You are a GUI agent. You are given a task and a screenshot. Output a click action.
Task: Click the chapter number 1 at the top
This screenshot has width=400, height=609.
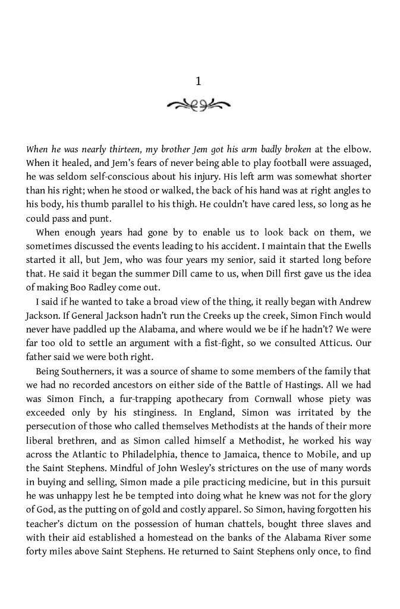[x=199, y=81]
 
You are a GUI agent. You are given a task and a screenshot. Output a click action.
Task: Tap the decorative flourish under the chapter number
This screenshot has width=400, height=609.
[x=199, y=106]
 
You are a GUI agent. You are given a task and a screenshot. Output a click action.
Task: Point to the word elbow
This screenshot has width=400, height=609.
[x=358, y=150]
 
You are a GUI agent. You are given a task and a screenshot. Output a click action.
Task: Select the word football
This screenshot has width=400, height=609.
[x=270, y=164]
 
